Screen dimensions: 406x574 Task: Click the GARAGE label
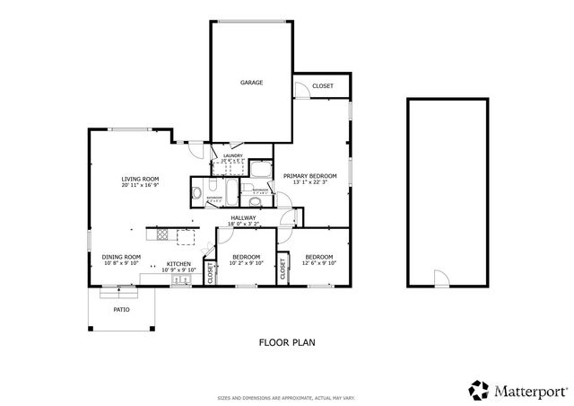[251, 83]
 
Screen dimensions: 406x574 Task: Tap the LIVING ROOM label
[140, 180]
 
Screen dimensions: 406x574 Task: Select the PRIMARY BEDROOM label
[309, 176]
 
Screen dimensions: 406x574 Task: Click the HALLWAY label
[243, 217]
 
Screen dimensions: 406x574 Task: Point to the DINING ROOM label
[121, 258]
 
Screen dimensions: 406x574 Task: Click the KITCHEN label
[179, 264]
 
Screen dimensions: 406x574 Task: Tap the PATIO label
[121, 309]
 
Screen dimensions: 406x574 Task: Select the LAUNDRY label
[232, 155]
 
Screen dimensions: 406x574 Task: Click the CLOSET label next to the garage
[323, 85]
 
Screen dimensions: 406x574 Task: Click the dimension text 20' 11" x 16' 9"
[140, 186]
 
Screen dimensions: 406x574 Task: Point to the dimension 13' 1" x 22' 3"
[309, 182]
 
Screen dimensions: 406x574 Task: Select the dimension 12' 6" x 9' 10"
[320, 264]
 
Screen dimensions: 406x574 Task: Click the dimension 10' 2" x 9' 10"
[246, 264]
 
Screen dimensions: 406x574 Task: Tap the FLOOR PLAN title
[287, 341]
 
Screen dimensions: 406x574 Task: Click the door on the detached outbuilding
[439, 279]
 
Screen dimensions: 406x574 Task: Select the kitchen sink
[179, 280]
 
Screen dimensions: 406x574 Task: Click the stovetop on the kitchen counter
[162, 235]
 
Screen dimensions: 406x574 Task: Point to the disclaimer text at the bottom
[287, 396]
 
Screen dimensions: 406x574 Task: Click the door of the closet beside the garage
[303, 89]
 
